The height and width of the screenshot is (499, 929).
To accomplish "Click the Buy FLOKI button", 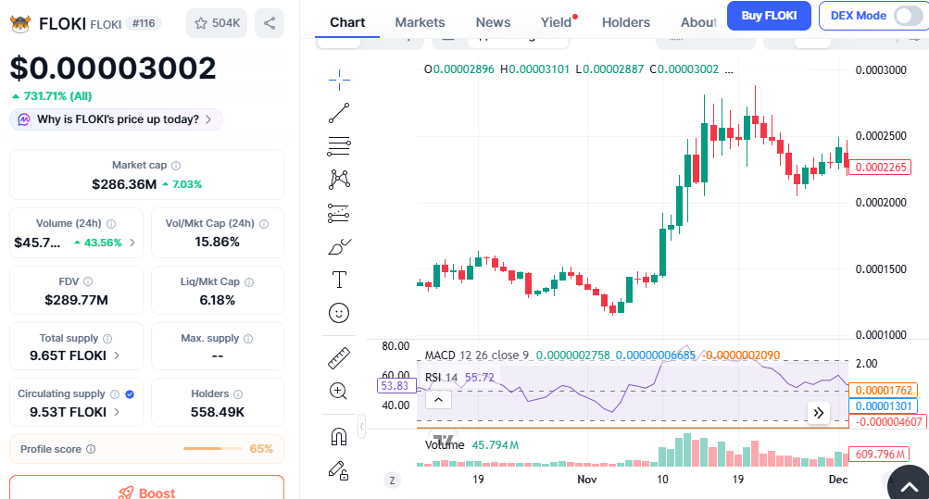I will pyautogui.click(x=768, y=16).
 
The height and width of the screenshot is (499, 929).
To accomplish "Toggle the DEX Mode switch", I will pyautogui.click(x=907, y=16).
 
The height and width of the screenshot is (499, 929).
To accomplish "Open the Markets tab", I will pyautogui.click(x=420, y=22).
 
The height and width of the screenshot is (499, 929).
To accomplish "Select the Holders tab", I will pyautogui.click(x=626, y=22).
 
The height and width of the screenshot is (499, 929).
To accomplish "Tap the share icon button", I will pyautogui.click(x=269, y=23).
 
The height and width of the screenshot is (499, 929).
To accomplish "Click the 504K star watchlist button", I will pyautogui.click(x=217, y=23).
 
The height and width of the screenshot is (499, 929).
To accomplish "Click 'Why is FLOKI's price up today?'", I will pyautogui.click(x=117, y=119).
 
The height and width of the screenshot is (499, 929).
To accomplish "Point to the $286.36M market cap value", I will pyautogui.click(x=124, y=184).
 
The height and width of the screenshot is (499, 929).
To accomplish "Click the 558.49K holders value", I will pyautogui.click(x=218, y=412).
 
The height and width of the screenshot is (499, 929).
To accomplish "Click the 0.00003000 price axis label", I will pyautogui.click(x=881, y=70).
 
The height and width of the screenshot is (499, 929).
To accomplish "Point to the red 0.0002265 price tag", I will pyautogui.click(x=883, y=168).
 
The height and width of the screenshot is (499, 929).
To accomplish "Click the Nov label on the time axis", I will pyautogui.click(x=587, y=480).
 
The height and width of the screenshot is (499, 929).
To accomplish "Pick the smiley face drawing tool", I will pyautogui.click(x=339, y=313).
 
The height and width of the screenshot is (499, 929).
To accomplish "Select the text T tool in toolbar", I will pyautogui.click(x=339, y=280).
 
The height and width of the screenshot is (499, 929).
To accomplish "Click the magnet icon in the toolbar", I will pyautogui.click(x=339, y=437).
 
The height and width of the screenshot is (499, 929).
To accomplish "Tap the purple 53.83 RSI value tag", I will pyautogui.click(x=395, y=385).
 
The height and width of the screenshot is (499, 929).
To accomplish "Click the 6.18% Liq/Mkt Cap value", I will pyautogui.click(x=218, y=300).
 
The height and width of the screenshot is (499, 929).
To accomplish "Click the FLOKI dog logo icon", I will pyautogui.click(x=20, y=24).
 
